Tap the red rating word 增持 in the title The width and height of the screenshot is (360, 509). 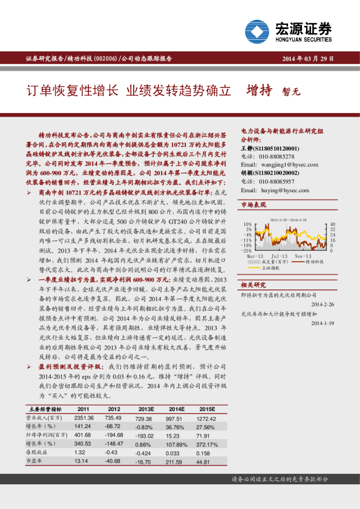click(x=258, y=91)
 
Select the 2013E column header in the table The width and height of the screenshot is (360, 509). click(x=145, y=409)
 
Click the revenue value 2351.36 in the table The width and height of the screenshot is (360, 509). click(x=85, y=418)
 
